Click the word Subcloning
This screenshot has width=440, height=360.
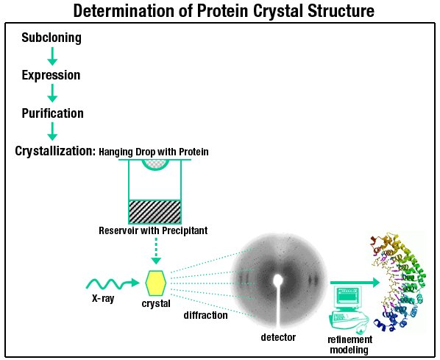pyautogui.click(x=52, y=38)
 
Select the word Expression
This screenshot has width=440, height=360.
pyautogui.click(x=51, y=75)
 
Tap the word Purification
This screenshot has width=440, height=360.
pyautogui.click(x=53, y=113)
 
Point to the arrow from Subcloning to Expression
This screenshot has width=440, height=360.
pyautogui.click(x=52, y=56)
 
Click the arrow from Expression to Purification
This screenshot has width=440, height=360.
pyautogui.click(x=52, y=93)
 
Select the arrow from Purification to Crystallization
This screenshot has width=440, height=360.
pyautogui.click(x=52, y=131)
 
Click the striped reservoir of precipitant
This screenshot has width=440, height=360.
pyautogui.click(x=155, y=212)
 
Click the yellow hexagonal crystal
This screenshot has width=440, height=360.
pyautogui.click(x=156, y=283)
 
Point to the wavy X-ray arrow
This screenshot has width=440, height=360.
pyautogui.click(x=113, y=283)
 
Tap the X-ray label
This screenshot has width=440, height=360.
pyautogui.click(x=103, y=298)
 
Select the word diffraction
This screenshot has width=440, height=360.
pyautogui.click(x=206, y=315)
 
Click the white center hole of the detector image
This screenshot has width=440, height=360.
pyautogui.click(x=278, y=280)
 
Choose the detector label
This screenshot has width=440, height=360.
pyautogui.click(x=278, y=337)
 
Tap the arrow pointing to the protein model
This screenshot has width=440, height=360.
pyautogui.click(x=355, y=283)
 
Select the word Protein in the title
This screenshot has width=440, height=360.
pyautogui.click(x=222, y=11)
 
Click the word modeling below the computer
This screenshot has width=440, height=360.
pyautogui.click(x=349, y=350)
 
